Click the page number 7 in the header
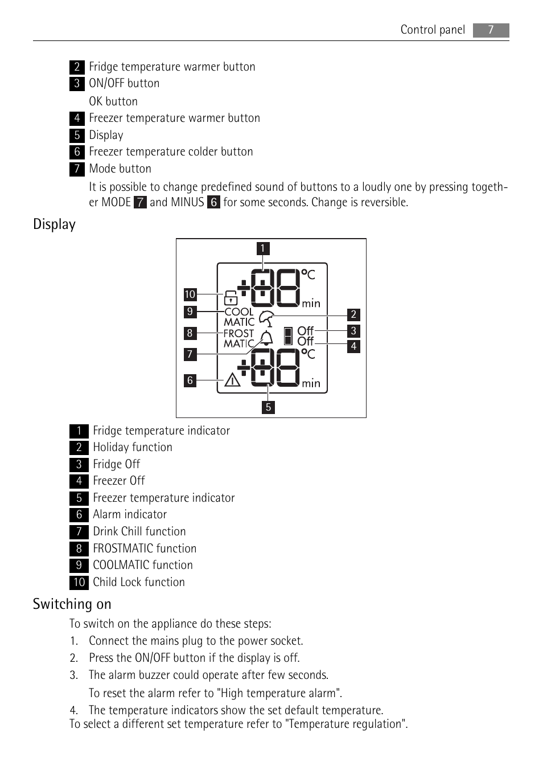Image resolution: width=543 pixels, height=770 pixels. [491, 30]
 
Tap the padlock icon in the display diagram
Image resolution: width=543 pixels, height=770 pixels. [231, 297]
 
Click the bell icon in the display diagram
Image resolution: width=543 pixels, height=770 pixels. [266, 338]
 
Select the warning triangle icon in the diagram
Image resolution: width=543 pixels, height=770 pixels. [232, 379]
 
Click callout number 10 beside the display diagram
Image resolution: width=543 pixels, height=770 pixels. [190, 294]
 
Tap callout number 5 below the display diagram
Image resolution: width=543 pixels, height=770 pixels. [268, 407]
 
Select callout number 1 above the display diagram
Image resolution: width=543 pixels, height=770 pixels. [262, 248]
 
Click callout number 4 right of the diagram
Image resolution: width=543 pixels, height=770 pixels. [353, 346]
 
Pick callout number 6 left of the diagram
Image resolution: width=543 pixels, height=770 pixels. [190, 380]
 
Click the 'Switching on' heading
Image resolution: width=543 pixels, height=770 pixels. [72, 604]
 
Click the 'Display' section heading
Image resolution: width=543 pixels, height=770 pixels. [54, 224]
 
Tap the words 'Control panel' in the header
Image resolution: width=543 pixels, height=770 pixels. [433, 30]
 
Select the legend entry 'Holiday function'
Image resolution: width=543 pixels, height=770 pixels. [133, 448]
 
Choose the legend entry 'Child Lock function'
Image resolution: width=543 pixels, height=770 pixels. [139, 582]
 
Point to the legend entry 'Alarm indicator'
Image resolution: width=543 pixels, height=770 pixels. [130, 515]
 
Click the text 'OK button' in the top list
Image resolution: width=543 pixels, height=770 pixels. [113, 101]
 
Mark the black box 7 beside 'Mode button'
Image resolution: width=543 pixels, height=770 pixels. [77, 169]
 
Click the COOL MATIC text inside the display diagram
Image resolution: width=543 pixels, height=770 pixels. [239, 317]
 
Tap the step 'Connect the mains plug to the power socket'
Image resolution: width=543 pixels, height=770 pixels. [196, 641]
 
